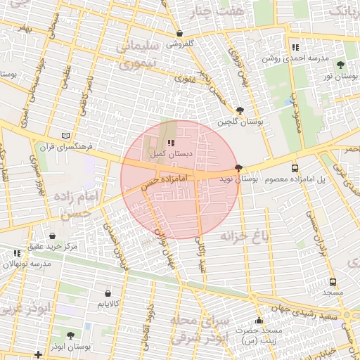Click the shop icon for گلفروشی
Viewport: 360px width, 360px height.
pos(179,33)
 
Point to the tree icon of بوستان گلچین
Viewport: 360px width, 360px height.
pos(240,110)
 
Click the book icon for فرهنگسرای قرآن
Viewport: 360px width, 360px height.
pos(65,135)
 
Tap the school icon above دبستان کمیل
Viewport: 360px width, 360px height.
pos(171,143)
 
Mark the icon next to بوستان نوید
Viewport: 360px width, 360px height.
pos(239,168)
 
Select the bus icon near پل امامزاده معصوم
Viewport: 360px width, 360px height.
pos(294,168)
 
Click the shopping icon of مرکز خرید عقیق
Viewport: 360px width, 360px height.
pos(53,235)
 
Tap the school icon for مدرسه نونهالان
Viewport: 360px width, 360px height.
pos(17,252)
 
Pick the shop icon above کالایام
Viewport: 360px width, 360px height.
pos(108,293)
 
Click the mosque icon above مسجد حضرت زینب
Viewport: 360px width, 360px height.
pos(259,320)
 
